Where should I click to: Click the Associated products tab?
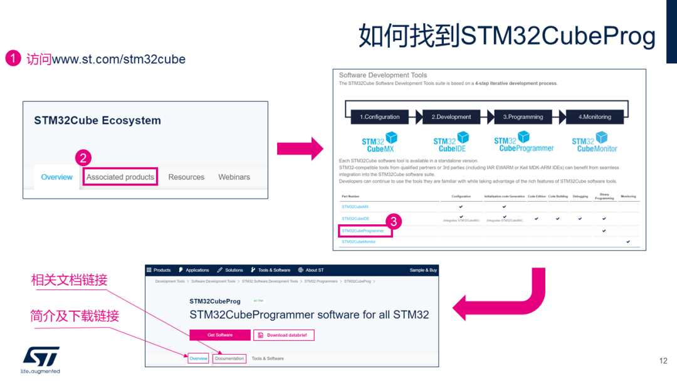click(x=120, y=177)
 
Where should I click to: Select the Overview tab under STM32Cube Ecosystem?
click(x=56, y=177)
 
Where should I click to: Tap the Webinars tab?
click(x=234, y=177)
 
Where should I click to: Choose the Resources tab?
click(x=186, y=177)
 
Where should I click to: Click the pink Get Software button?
click(x=220, y=335)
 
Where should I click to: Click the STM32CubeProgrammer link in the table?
click(x=363, y=231)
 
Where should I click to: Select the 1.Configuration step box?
click(x=380, y=117)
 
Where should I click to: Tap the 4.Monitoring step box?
click(x=594, y=117)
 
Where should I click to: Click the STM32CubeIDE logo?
click(x=451, y=142)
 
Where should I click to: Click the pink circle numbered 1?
click(x=13, y=59)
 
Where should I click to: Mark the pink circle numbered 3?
click(x=393, y=221)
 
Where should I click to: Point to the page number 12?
click(x=663, y=361)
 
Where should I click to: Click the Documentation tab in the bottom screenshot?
click(x=229, y=358)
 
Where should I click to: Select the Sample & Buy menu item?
click(x=423, y=270)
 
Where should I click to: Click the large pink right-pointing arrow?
click(x=300, y=149)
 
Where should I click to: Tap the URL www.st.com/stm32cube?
click(x=118, y=60)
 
